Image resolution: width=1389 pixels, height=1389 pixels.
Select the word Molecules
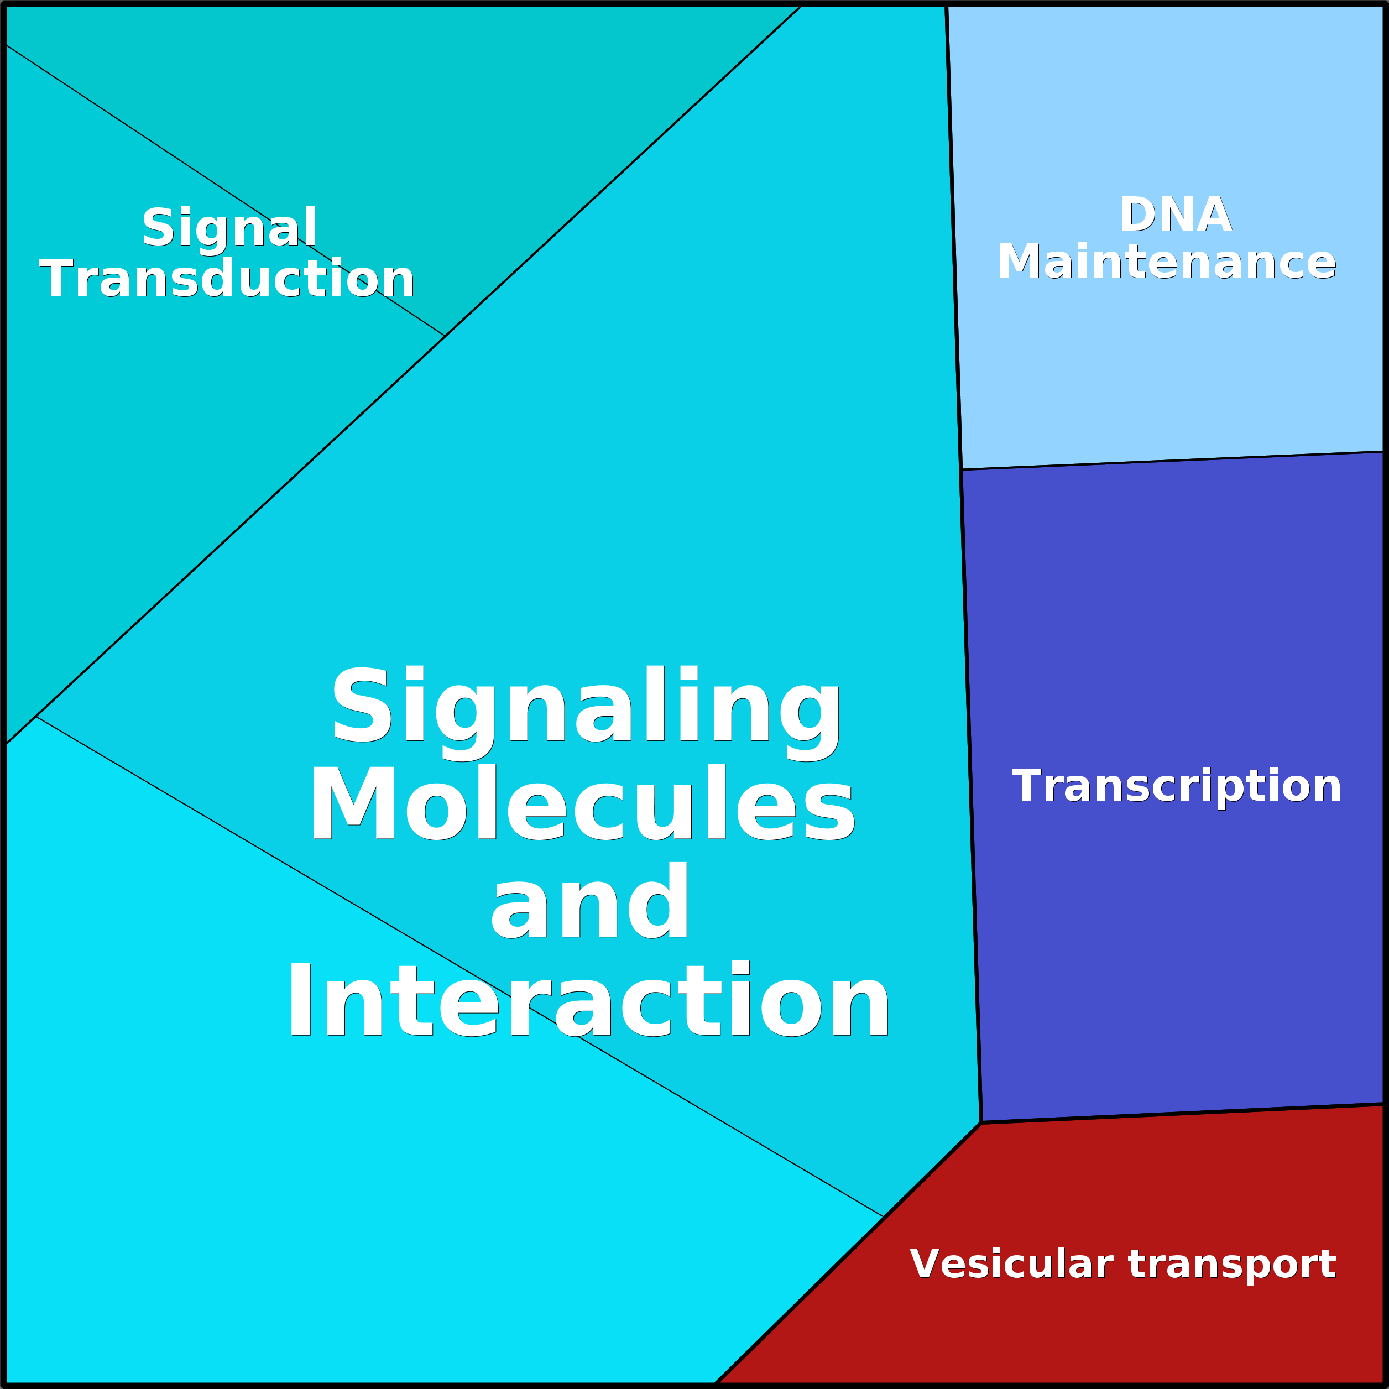pos(582,803)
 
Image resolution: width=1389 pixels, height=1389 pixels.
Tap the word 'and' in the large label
pos(589,901)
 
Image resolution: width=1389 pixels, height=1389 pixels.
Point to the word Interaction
pos(589,999)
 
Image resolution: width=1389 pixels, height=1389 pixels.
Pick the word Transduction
pos(227,278)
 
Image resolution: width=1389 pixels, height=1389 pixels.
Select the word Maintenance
pos(1166,261)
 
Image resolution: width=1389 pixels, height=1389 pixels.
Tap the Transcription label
pos(1176,786)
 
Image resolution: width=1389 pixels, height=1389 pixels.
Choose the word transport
pos(1233,1265)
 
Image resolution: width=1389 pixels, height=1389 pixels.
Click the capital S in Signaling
pos(362,704)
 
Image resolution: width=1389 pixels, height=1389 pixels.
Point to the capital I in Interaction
pos(300,999)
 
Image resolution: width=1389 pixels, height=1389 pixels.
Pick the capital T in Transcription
pos(1027,785)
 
